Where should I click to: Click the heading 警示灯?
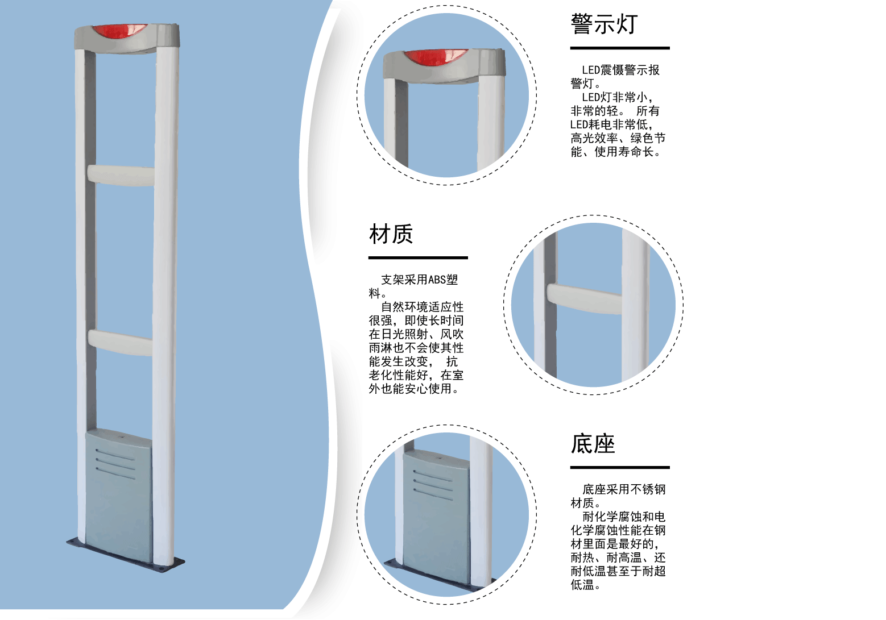coord(603,24)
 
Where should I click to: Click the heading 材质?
coord(391,234)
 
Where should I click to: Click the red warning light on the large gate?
coord(120,31)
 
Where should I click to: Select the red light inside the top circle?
coord(436,56)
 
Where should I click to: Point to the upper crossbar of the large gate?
coord(121,176)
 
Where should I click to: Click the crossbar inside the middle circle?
coord(584,299)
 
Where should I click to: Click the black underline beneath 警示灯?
coord(620,48)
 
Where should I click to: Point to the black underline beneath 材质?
coord(418,257)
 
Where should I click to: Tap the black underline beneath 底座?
coord(620,468)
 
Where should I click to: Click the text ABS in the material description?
coord(437,280)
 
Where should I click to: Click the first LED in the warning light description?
coord(591,70)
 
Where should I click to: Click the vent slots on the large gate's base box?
coord(115,463)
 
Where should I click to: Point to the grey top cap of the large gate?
coord(127,39)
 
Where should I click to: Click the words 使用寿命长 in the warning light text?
coord(624,152)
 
